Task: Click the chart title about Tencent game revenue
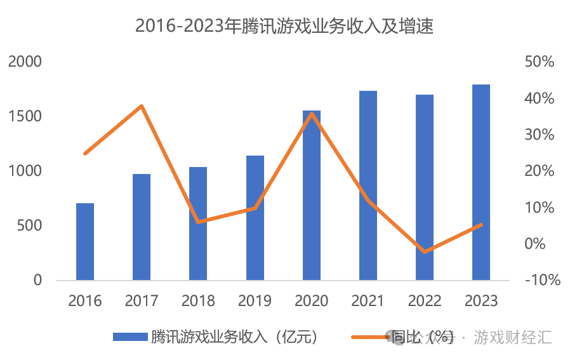[x=284, y=26]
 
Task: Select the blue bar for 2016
[x=85, y=242]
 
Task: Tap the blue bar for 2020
[x=312, y=196]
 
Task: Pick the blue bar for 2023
[x=481, y=183]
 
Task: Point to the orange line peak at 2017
[x=142, y=105]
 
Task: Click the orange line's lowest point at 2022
[x=425, y=251]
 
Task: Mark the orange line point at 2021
[x=368, y=201]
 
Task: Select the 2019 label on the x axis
[x=255, y=300]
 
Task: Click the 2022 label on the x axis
[x=425, y=300]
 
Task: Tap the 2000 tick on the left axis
[x=25, y=62]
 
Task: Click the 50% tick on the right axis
[x=540, y=62]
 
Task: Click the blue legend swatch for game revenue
[x=129, y=337]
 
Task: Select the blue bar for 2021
[x=368, y=185]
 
